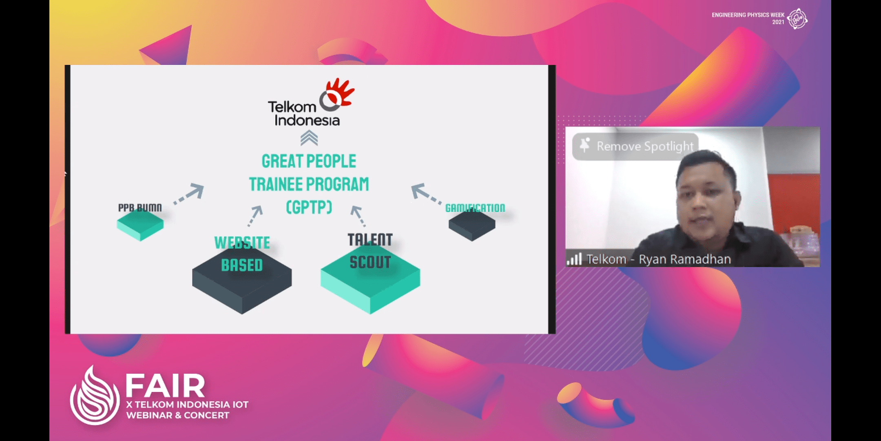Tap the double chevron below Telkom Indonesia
(x=309, y=138)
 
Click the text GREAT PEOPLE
(x=309, y=161)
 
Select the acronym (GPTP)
(x=309, y=207)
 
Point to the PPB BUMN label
(x=140, y=208)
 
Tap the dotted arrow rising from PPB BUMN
(x=188, y=194)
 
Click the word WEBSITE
(x=242, y=243)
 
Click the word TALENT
(x=370, y=240)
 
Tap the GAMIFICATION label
(x=475, y=208)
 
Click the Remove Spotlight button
(x=635, y=146)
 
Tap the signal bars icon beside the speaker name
(x=574, y=259)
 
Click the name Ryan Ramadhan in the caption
(x=685, y=259)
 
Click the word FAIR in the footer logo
(x=165, y=386)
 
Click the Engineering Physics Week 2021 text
(x=748, y=18)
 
